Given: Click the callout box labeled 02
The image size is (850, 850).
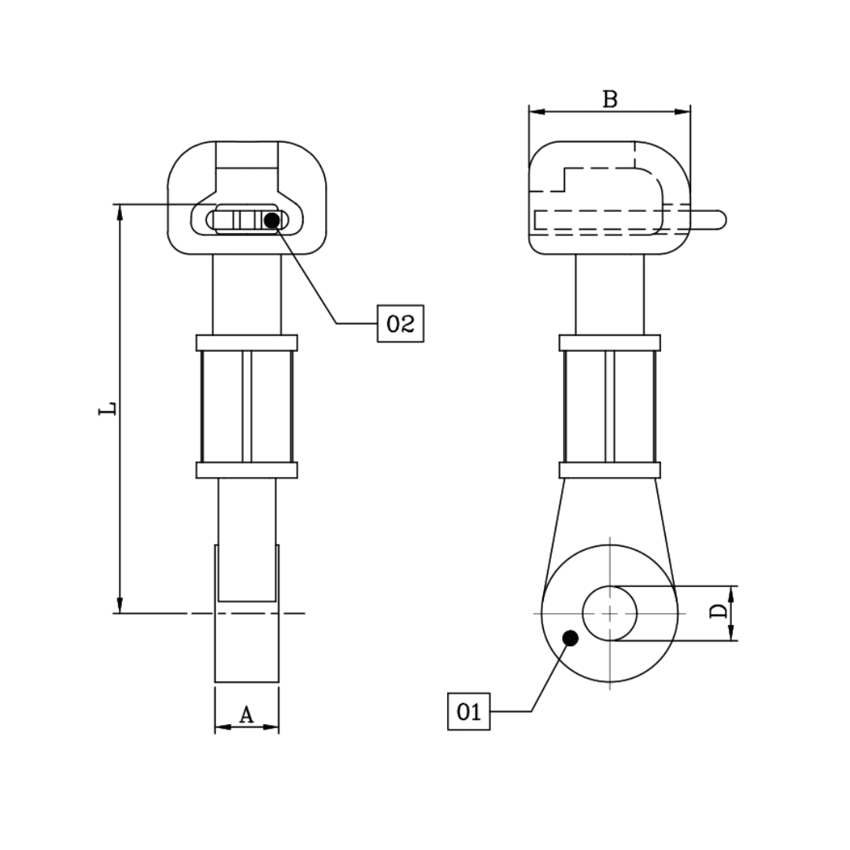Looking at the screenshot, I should (x=401, y=323).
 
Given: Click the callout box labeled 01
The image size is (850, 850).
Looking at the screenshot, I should (x=468, y=711).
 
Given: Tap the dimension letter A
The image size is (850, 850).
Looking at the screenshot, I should (x=246, y=715).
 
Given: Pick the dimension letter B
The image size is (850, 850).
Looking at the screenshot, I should (x=610, y=99).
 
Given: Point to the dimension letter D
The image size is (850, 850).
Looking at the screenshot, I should (x=719, y=612).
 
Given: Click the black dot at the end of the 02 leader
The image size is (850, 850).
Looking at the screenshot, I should (x=272, y=220).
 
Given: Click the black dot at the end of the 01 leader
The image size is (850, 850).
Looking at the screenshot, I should (x=571, y=637).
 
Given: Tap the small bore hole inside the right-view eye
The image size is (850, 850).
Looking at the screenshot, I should (x=610, y=613).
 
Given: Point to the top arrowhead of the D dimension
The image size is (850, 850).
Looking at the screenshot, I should (x=732, y=593).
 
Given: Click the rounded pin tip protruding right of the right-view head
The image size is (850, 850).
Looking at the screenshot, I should (x=718, y=219).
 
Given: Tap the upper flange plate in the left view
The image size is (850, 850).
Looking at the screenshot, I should (x=246, y=342).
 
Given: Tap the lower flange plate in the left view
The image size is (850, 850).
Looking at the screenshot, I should (x=246, y=470).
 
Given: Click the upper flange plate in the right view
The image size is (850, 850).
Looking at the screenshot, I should (x=610, y=342).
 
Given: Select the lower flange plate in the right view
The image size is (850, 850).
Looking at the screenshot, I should (x=610, y=470).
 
